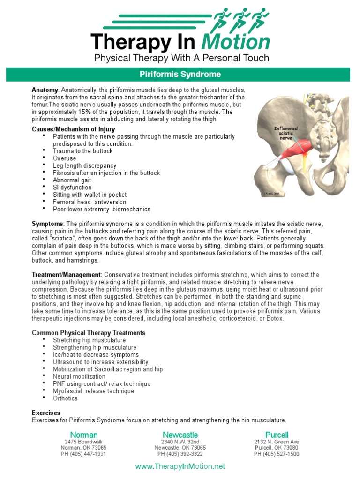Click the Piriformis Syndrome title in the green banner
(x=180, y=75)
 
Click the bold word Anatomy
(x=45, y=90)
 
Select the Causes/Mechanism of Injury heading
(x=73, y=129)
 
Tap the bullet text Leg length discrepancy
(x=84, y=165)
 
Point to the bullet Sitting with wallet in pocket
(x=90, y=195)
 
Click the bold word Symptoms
(x=46, y=225)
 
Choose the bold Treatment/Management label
(x=66, y=274)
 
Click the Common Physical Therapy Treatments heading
(x=89, y=333)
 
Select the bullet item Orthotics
(x=65, y=398)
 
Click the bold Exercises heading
(x=46, y=412)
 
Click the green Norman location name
(x=84, y=435)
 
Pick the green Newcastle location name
(x=180, y=435)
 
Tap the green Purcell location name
(x=277, y=435)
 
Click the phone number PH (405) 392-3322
(x=180, y=454)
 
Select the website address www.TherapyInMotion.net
(x=180, y=466)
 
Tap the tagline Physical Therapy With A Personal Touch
(x=182, y=58)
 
